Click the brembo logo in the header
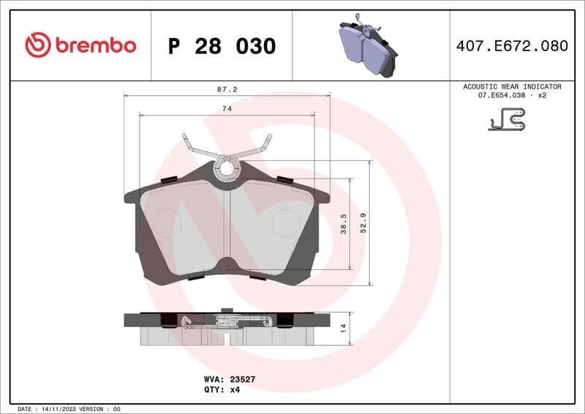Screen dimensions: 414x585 (x=80, y=45)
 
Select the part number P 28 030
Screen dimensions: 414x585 (x=222, y=46)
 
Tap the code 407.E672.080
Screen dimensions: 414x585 (x=511, y=46)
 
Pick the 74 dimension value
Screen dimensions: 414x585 (x=227, y=108)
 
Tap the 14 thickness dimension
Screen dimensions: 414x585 (x=344, y=328)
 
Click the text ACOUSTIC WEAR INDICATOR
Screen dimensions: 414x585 (x=512, y=86)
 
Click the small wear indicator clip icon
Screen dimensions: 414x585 (x=507, y=120)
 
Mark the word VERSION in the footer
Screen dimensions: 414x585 (x=92, y=409)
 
